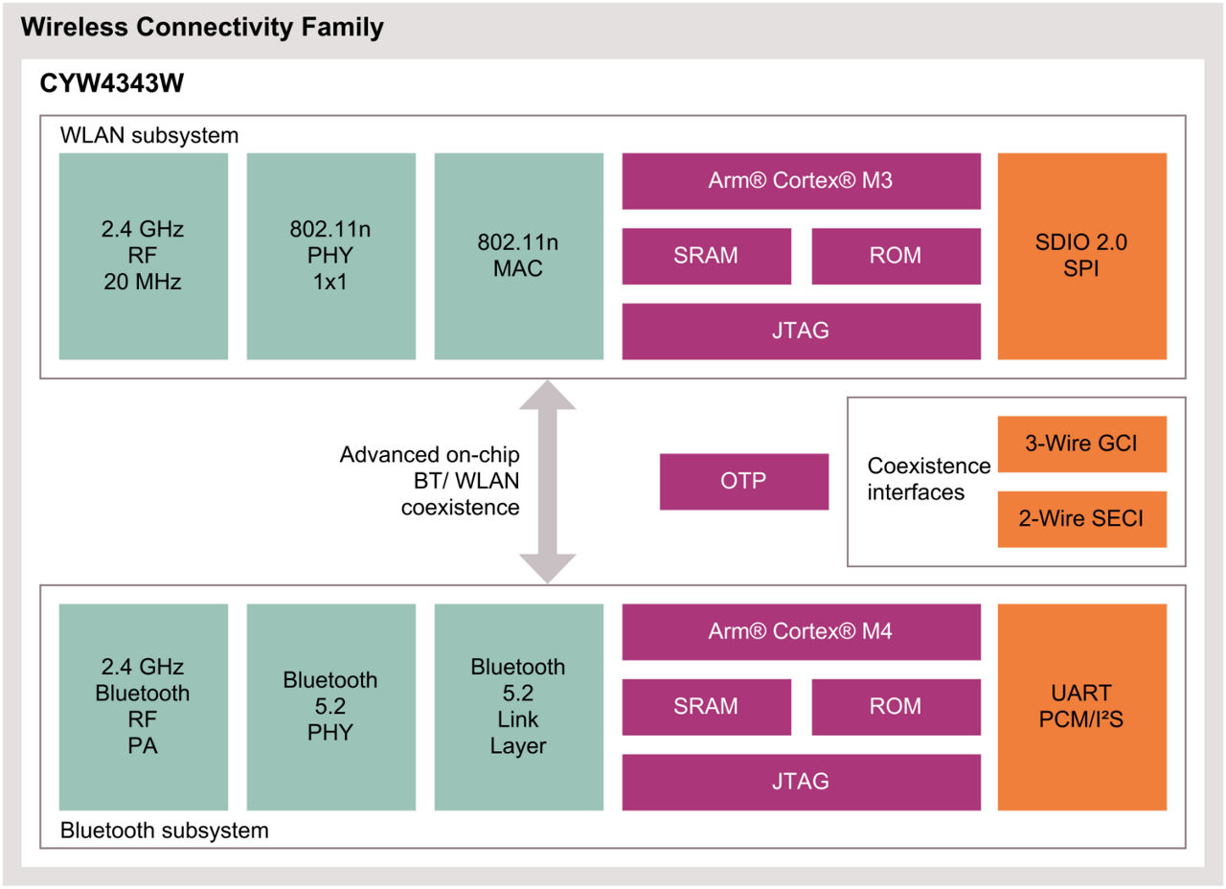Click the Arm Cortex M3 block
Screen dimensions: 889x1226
(801, 180)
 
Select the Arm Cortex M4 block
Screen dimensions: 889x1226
(801, 631)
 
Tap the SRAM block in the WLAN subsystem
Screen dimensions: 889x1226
(706, 256)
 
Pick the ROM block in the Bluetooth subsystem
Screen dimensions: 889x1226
(896, 707)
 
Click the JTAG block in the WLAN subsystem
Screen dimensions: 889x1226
(801, 331)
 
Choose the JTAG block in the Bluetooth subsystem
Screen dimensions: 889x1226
(801, 782)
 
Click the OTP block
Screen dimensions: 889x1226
(743, 481)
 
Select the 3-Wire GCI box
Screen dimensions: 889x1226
(1081, 444)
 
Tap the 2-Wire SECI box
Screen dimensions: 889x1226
(1081, 519)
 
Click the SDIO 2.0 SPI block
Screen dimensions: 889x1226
(1081, 256)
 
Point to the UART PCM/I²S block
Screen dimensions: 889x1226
(1081, 707)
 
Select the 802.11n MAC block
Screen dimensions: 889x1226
(518, 256)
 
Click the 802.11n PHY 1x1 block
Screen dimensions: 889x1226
(330, 256)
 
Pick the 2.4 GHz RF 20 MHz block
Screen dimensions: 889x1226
(143, 256)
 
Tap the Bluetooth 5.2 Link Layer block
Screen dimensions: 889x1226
(518, 707)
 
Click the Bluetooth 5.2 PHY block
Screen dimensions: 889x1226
(330, 707)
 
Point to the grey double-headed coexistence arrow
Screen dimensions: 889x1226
(547, 481)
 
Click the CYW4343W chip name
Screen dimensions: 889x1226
(111, 84)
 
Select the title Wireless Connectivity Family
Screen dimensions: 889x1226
(202, 28)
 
